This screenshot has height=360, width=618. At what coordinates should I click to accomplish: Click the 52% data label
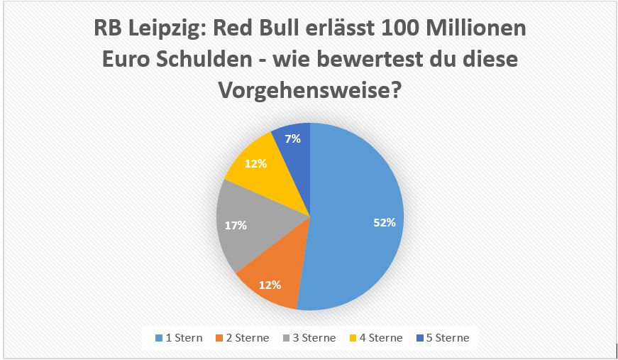pyautogui.click(x=384, y=222)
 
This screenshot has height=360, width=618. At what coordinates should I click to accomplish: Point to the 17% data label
pyautogui.click(x=236, y=225)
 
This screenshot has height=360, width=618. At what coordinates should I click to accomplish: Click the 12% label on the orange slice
pyautogui.click(x=270, y=285)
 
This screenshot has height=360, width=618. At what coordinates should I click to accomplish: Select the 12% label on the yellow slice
pyautogui.click(x=255, y=163)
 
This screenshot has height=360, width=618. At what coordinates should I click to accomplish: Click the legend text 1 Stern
pyautogui.click(x=184, y=338)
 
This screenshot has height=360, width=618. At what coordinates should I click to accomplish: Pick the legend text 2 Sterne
pyautogui.click(x=246, y=338)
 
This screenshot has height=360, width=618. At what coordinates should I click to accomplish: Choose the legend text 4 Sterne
pyautogui.click(x=380, y=338)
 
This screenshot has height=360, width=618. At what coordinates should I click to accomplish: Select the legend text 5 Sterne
pyautogui.click(x=446, y=338)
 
